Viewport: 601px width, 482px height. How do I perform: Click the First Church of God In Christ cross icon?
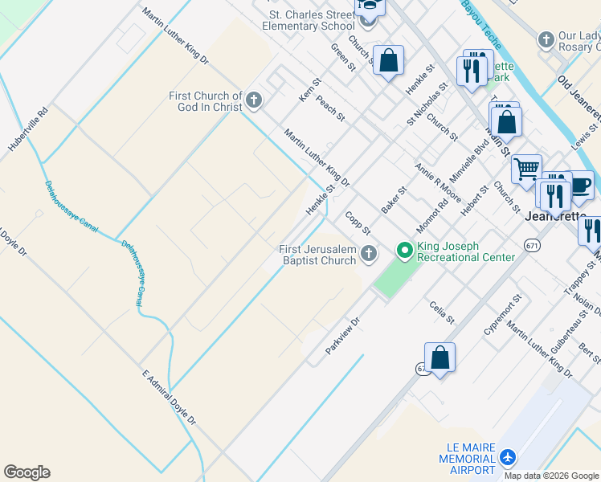pyautogui.click(x=254, y=100)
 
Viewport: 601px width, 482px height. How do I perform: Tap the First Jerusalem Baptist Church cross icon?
pyautogui.click(x=369, y=254)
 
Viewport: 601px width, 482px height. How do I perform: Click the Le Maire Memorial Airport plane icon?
pyautogui.click(x=507, y=457)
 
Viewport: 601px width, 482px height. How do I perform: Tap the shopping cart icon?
pyautogui.click(x=526, y=169)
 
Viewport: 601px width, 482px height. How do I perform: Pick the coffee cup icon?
pyautogui.click(x=581, y=185)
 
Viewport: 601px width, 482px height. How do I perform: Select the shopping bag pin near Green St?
pyautogui.click(x=388, y=60)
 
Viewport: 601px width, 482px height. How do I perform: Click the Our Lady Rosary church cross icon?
pyautogui.click(x=546, y=39)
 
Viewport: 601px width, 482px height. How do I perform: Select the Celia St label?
pyautogui.click(x=442, y=312)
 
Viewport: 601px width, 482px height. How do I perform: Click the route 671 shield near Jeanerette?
pyautogui.click(x=532, y=245)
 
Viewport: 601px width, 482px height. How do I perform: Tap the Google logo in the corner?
pyautogui.click(x=27, y=472)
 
